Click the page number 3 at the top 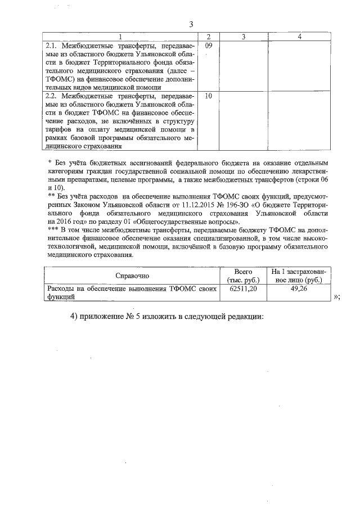point(191,24)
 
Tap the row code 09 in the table point(208,45)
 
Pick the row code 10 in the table point(208,96)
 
